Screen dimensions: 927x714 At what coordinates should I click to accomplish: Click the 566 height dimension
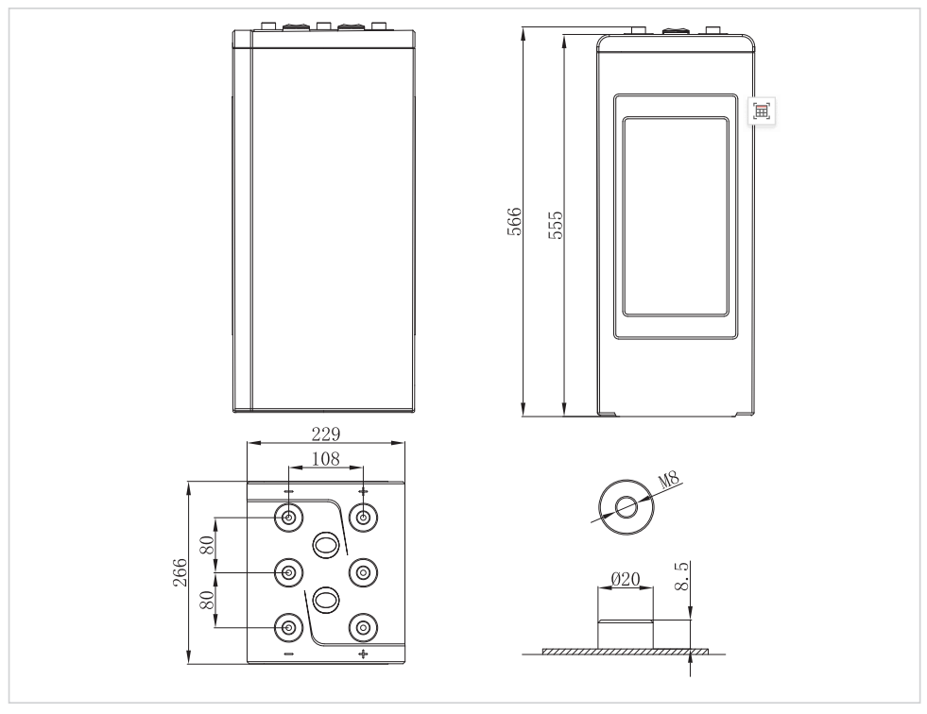515,222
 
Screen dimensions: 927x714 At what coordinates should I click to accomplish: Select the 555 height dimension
557,225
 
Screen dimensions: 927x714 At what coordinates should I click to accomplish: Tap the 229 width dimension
326,434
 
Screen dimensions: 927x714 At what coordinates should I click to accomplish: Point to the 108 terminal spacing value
326,459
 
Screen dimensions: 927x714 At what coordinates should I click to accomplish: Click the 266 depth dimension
180,572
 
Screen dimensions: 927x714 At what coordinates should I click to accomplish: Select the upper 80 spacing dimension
207,545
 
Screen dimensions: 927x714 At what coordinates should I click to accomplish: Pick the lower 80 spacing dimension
207,600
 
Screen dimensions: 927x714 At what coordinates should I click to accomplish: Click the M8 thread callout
669,479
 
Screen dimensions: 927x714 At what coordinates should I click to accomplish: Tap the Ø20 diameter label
625,579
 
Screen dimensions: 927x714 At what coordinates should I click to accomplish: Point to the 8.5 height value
681,576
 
